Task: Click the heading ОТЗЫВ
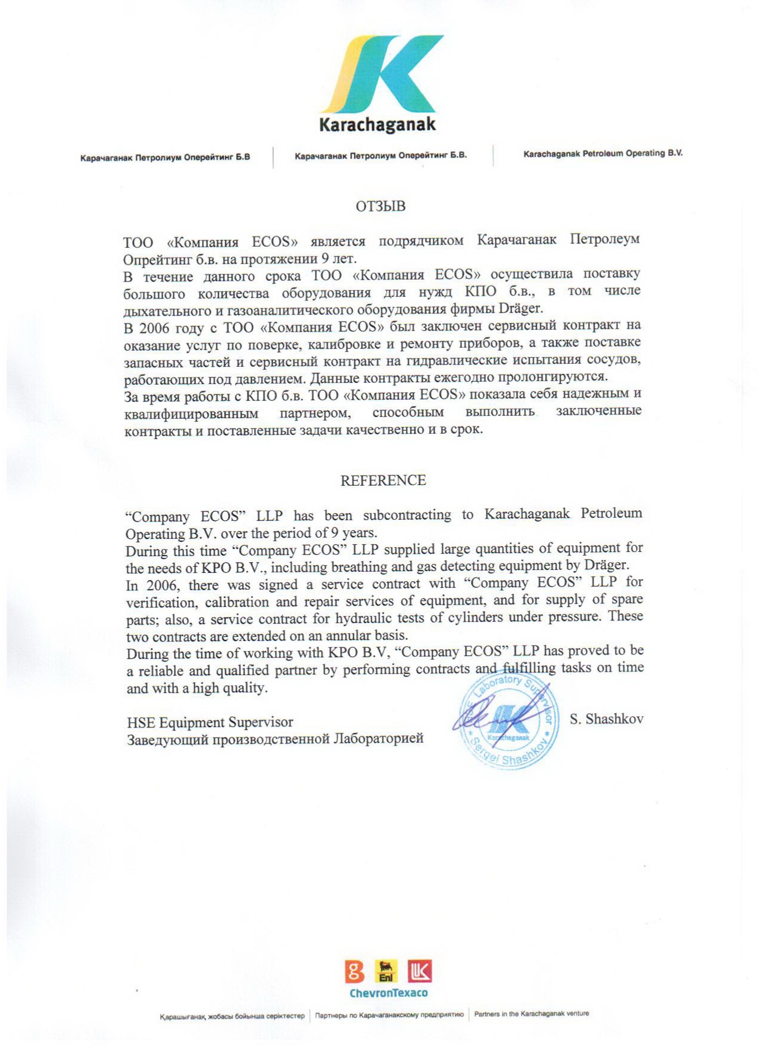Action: (381, 206)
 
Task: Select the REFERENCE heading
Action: (383, 480)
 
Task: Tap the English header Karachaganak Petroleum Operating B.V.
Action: (602, 154)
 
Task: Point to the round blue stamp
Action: (509, 722)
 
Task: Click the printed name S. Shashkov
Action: (606, 719)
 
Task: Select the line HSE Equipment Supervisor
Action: (210, 723)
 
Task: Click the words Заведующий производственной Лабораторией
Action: (275, 739)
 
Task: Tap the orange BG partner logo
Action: (354, 972)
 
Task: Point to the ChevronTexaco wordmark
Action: (388, 993)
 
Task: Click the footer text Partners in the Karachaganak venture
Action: (531, 1014)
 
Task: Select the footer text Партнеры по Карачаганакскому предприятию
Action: (389, 1015)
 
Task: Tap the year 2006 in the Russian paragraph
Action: (155, 328)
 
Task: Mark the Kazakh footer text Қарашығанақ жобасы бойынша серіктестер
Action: (232, 1016)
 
